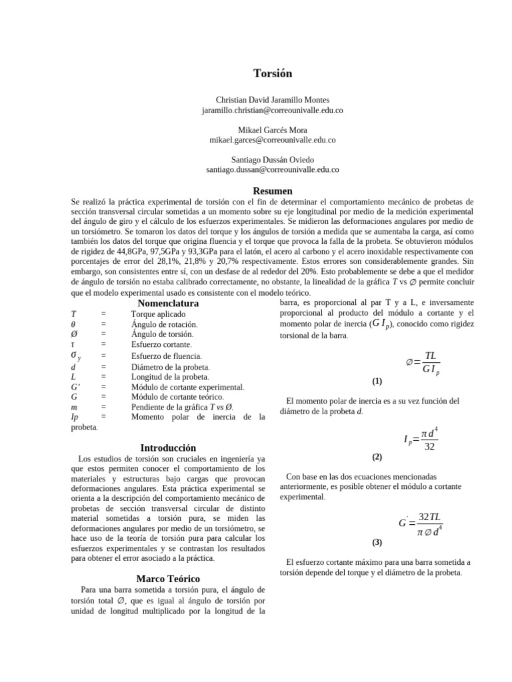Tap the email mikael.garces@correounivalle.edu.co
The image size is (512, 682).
click(272, 140)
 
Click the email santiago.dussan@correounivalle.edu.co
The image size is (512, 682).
click(272, 170)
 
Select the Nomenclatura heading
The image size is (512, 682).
click(168, 303)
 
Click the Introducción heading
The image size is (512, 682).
click(168, 448)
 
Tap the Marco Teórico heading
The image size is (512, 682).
click(168, 578)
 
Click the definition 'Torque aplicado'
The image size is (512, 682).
click(159, 313)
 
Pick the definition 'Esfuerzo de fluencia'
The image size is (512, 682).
click(166, 356)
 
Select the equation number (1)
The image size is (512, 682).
click(377, 381)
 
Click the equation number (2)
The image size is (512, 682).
click(377, 457)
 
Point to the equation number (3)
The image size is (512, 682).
click(377, 541)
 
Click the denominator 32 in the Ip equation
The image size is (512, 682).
click(429, 446)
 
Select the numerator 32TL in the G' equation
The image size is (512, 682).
click(430, 517)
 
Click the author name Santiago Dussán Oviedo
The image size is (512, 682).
click(272, 160)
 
